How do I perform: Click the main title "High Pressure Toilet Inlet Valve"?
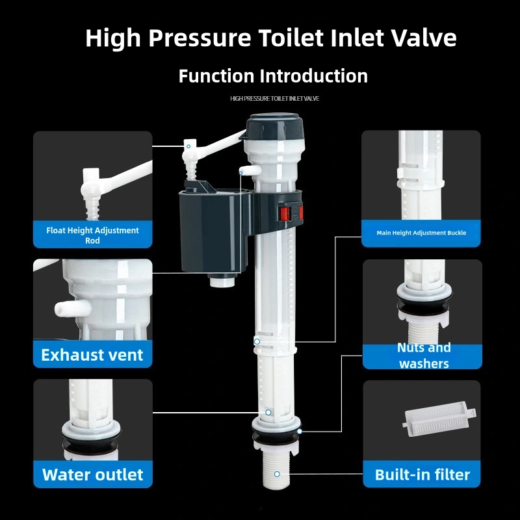pyautogui.click(x=270, y=38)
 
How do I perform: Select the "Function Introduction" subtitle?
pyautogui.click(x=273, y=76)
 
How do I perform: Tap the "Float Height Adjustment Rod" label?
pyautogui.click(x=92, y=235)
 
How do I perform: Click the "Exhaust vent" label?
pyautogui.click(x=92, y=355)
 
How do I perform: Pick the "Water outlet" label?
pyautogui.click(x=92, y=474)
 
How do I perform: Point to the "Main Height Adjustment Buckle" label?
pyautogui.click(x=421, y=233)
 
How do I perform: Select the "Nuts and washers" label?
pyautogui.click(x=424, y=356)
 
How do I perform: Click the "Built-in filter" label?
pyautogui.click(x=422, y=474)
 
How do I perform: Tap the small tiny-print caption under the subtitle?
pyautogui.click(x=274, y=99)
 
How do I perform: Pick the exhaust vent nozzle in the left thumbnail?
pyautogui.click(x=66, y=306)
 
